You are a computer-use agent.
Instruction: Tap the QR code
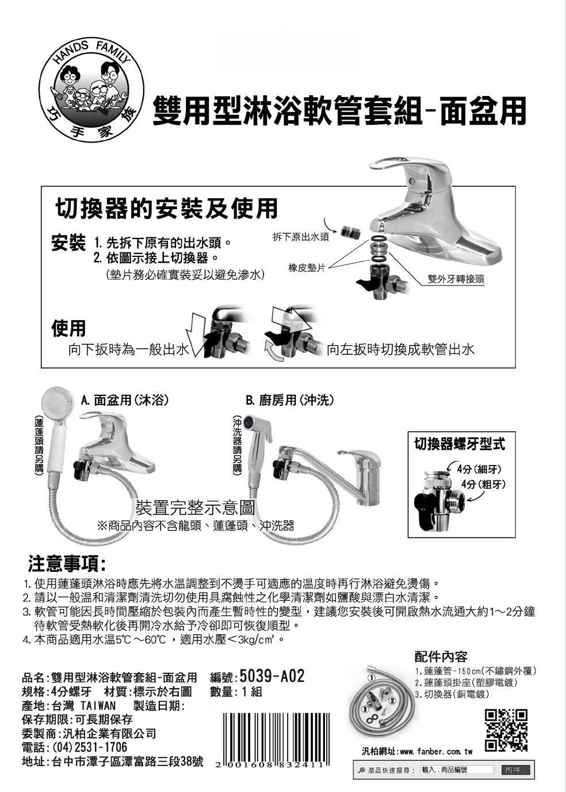[506, 730]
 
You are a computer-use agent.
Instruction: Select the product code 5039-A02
[272, 676]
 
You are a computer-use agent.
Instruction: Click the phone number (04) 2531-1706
[90, 747]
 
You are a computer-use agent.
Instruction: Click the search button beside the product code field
[515, 770]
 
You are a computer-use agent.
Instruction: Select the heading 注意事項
[67, 564]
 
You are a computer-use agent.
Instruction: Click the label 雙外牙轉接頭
[456, 279]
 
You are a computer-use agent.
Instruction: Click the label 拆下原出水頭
[301, 237]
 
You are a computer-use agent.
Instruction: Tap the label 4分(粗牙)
[484, 484]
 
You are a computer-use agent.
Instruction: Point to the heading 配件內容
[441, 656]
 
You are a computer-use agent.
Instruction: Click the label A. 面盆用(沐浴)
[125, 400]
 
